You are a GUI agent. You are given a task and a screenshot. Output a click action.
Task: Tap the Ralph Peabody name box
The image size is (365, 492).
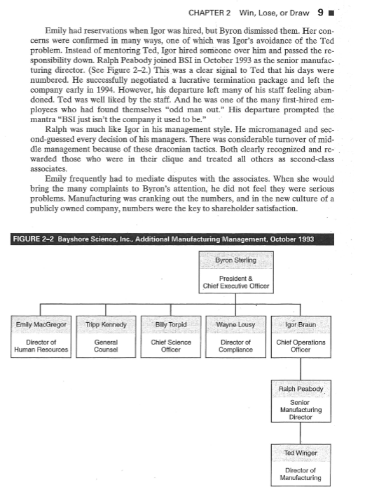click(300, 387)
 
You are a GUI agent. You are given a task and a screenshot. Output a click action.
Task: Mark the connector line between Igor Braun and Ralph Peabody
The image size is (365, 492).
click(300, 368)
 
